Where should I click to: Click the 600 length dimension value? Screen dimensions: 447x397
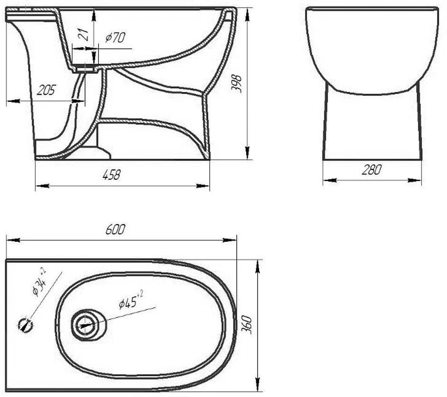(115, 229)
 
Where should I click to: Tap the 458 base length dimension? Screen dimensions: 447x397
(111, 175)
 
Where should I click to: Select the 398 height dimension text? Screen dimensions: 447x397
(236, 83)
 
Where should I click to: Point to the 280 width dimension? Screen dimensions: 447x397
(371, 170)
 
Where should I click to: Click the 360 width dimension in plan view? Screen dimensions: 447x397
(247, 324)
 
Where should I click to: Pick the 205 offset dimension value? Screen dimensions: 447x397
(46, 90)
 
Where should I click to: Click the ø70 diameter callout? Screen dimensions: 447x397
(115, 38)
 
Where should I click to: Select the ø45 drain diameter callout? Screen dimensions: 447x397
(131, 301)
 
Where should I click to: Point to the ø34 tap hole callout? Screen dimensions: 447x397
(39, 282)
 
